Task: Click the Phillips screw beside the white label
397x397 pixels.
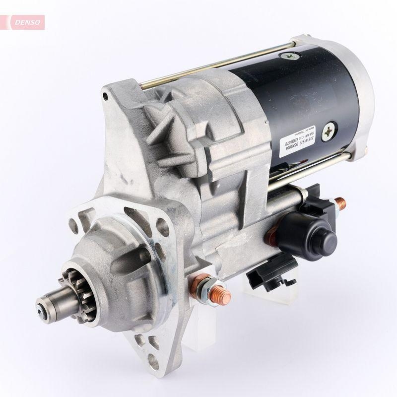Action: [x=329, y=131]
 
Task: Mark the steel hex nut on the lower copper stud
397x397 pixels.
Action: [x=210, y=289]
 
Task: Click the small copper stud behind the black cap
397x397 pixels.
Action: [x=341, y=203]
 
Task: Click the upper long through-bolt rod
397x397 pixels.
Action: [x=213, y=67]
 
